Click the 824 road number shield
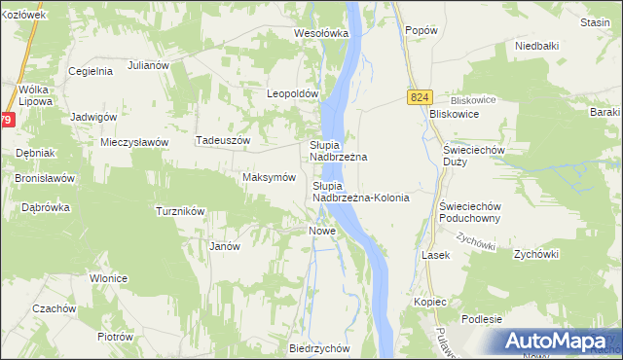420,98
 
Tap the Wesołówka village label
321,33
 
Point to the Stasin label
593,21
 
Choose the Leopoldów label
293,94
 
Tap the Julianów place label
149,66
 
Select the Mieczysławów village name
135,142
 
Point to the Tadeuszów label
224,140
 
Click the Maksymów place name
268,178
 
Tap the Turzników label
180,211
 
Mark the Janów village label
225,246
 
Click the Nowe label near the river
322,231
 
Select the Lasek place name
434,254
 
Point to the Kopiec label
429,302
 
